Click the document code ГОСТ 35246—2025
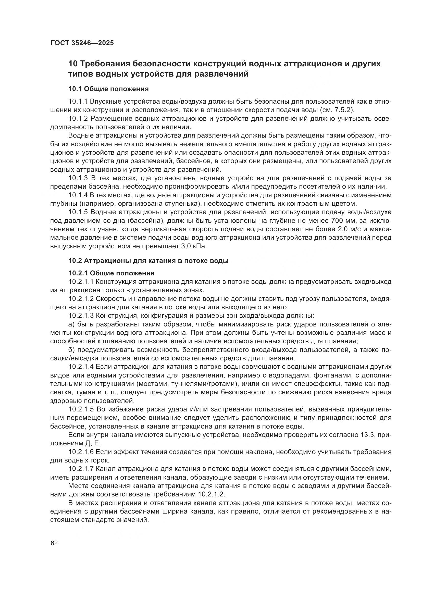tap(82, 43)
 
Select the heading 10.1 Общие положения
tap(108, 89)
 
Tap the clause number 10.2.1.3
tap(81, 316)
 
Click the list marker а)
tap(72, 324)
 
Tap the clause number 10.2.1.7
tap(81, 469)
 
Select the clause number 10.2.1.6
tap(81, 452)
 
